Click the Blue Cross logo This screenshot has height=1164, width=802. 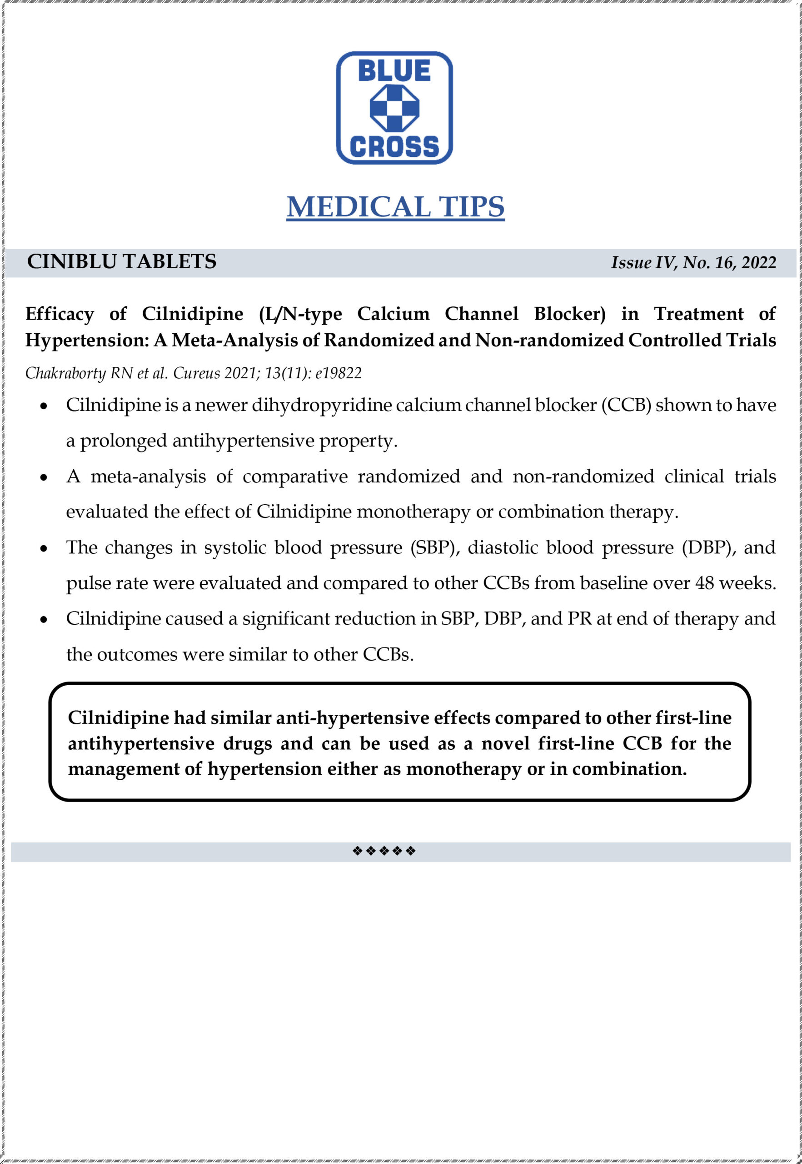394,108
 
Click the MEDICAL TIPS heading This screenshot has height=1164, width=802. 395,206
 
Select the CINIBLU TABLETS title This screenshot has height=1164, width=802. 122,261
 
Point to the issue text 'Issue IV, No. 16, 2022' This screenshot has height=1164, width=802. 693,262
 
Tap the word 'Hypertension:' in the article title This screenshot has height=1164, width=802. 87,341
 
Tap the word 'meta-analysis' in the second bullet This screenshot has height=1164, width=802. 148,476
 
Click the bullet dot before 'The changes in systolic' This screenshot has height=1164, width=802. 44,548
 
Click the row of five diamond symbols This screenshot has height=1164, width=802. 384,851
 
